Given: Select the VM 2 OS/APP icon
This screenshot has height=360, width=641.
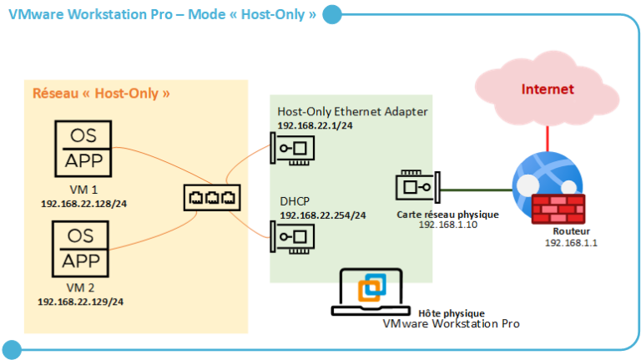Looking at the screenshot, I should (83, 248).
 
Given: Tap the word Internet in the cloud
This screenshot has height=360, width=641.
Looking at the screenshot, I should (548, 89).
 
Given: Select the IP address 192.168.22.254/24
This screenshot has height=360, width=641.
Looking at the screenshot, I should (322, 215).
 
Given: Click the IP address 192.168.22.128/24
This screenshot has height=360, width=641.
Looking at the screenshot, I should (82, 203).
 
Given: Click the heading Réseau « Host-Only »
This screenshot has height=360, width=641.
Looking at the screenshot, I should (101, 94).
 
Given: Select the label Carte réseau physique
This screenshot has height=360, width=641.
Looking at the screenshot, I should (447, 215).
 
